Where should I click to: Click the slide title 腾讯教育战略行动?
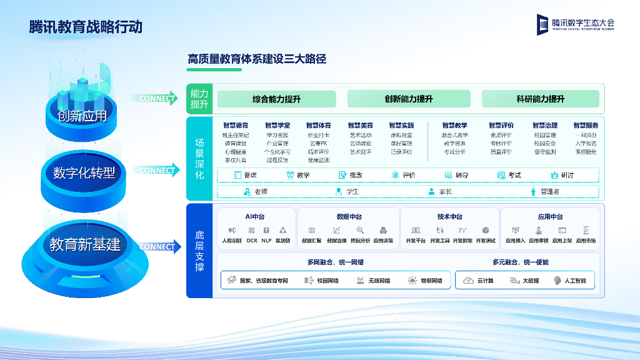click(86, 27)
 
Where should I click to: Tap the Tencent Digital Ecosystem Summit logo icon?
click(542, 24)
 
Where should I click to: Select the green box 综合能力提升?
click(276, 99)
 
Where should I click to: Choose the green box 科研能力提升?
click(540, 99)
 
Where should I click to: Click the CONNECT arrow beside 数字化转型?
click(156, 170)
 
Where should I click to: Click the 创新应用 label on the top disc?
click(82, 116)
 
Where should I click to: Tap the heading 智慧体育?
click(318, 126)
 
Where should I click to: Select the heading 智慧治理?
click(544, 126)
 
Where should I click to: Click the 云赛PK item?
click(318, 143)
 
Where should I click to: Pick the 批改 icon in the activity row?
click(342, 176)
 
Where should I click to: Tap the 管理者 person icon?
click(533, 192)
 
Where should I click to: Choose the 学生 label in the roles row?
click(352, 192)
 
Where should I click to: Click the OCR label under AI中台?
click(252, 240)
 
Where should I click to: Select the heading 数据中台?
click(349, 216)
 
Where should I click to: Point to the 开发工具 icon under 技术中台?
click(439, 230)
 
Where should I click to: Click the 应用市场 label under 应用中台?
click(586, 240)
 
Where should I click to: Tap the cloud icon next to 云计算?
click(468, 281)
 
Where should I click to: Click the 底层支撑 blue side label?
click(199, 251)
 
